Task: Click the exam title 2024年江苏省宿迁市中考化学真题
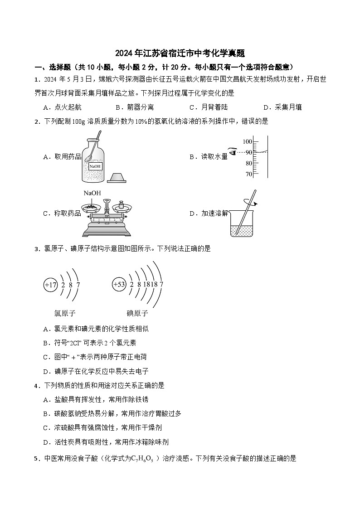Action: (x=180, y=53)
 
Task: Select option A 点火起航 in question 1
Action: (x=62, y=107)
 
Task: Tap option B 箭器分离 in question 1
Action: (x=135, y=107)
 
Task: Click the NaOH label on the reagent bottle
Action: (x=95, y=166)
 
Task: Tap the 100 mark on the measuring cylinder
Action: (x=247, y=141)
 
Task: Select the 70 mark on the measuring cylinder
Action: (x=248, y=174)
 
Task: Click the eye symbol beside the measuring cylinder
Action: (x=234, y=152)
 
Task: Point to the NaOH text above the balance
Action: (x=92, y=193)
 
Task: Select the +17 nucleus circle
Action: (x=50, y=285)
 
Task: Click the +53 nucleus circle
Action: (x=119, y=285)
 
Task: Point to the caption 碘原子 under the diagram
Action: (x=137, y=313)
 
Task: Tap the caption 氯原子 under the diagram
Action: (x=65, y=313)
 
